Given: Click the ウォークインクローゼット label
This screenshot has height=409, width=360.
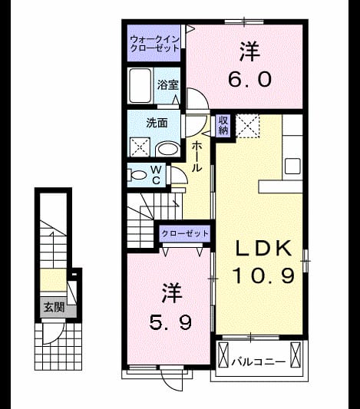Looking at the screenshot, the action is [155, 44].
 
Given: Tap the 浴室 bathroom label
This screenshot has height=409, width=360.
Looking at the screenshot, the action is [168, 84].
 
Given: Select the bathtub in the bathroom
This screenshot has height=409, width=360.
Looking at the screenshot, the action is [140, 85].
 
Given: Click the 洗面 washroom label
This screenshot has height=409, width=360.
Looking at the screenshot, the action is [157, 123].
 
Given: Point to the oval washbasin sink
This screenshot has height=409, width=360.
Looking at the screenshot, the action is [167, 150].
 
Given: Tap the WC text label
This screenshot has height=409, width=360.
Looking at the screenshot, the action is [156, 175].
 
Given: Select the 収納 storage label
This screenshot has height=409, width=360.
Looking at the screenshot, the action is [223, 126].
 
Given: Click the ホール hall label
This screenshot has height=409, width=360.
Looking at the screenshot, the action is [197, 157].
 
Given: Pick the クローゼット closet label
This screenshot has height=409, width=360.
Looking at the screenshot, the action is [185, 233].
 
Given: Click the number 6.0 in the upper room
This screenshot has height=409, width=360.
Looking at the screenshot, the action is [250, 80].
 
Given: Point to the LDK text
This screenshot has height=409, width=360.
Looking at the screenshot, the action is [263, 249].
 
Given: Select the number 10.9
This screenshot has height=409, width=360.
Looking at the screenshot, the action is [263, 276].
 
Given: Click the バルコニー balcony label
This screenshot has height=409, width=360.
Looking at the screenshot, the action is [258, 362].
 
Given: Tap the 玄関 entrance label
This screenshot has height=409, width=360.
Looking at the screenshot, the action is [54, 307].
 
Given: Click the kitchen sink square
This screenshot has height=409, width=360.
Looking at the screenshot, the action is [292, 167].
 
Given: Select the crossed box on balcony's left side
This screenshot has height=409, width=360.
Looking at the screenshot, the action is [223, 355].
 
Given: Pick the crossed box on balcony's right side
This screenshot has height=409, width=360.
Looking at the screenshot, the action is [296, 355].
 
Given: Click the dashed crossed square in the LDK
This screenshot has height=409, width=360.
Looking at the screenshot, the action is [247, 126].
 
